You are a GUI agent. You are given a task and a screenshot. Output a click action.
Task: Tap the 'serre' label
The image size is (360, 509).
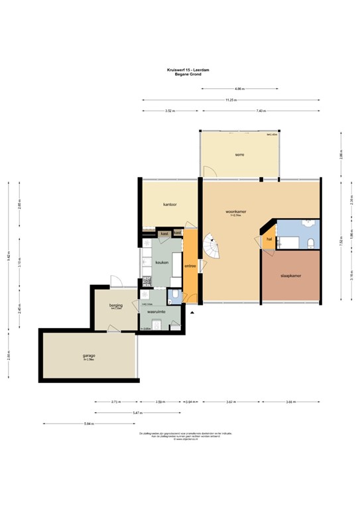(239, 154)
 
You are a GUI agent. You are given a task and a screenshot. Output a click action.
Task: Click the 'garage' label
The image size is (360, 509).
(90, 355)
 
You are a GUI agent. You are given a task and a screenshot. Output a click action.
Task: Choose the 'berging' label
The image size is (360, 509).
(116, 306)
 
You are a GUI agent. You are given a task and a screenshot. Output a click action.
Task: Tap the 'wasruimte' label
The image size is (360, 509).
(156, 310)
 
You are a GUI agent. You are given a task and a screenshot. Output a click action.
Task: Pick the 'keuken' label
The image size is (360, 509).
(162, 262)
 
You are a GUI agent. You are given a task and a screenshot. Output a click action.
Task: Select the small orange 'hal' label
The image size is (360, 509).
(269, 239)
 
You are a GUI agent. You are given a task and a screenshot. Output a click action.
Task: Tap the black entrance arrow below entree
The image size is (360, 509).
(192, 311)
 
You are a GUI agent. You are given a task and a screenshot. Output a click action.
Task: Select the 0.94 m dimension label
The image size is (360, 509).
(192, 402)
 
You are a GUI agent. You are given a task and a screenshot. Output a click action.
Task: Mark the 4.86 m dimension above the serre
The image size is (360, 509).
(239, 88)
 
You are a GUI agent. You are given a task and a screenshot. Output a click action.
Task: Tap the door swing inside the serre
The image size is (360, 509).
(209, 172)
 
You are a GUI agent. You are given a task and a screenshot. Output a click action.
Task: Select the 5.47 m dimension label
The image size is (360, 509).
(136, 412)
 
